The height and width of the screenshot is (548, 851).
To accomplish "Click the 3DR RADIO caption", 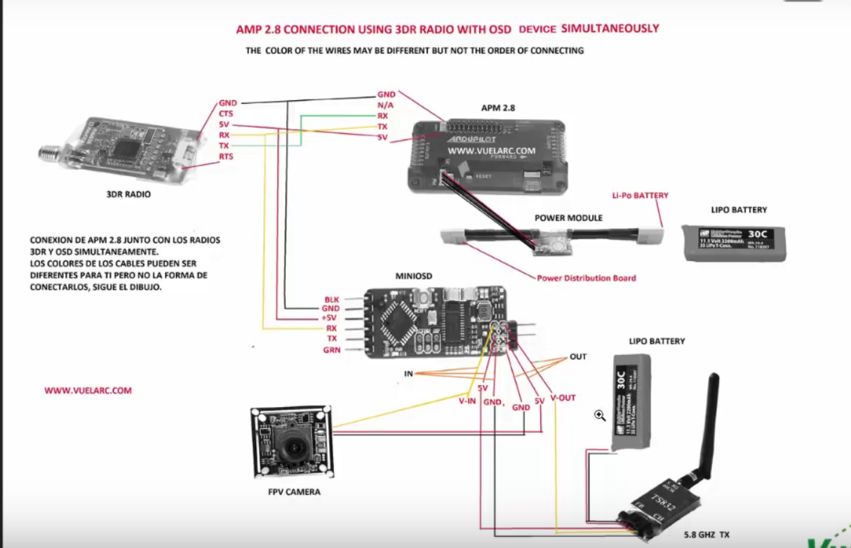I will [128, 194].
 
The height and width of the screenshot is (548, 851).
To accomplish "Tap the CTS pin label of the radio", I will [226, 113].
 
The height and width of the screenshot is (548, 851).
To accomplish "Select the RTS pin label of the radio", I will [226, 156].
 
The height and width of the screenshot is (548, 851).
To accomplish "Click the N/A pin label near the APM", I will [385, 105].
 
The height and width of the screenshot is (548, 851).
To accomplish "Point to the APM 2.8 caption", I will [498, 108].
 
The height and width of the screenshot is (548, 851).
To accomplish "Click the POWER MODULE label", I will [568, 218].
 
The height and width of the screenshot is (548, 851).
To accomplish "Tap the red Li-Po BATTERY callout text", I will [640, 195].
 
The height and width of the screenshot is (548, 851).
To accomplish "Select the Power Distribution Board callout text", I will [587, 278].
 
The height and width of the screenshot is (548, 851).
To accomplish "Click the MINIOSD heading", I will [416, 276].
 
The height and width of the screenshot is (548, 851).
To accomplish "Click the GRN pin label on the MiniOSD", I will [331, 349].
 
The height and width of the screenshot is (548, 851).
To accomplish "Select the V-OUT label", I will [563, 398].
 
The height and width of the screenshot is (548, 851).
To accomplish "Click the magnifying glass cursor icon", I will [600, 415].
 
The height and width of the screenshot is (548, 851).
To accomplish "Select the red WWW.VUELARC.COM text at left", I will [88, 391].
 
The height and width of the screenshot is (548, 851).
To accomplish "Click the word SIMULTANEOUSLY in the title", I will [611, 29].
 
